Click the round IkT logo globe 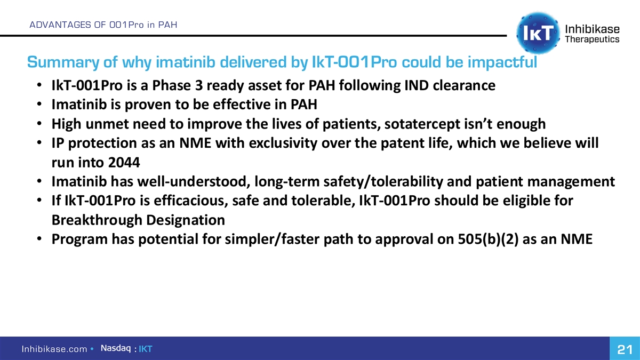click(x=538, y=33)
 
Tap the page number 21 click(x=625, y=349)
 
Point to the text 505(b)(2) click(x=488, y=239)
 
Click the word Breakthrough click(x=97, y=220)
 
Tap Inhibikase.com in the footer click(x=54, y=349)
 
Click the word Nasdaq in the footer click(x=116, y=348)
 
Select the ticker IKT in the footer click(x=146, y=349)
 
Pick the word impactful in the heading click(x=502, y=62)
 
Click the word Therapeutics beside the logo click(x=593, y=39)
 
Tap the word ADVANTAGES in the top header click(x=60, y=25)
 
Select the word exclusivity click(x=283, y=143)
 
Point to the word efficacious click(x=191, y=201)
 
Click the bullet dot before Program click(x=39, y=238)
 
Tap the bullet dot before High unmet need click(x=39, y=123)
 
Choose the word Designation click(x=186, y=220)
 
